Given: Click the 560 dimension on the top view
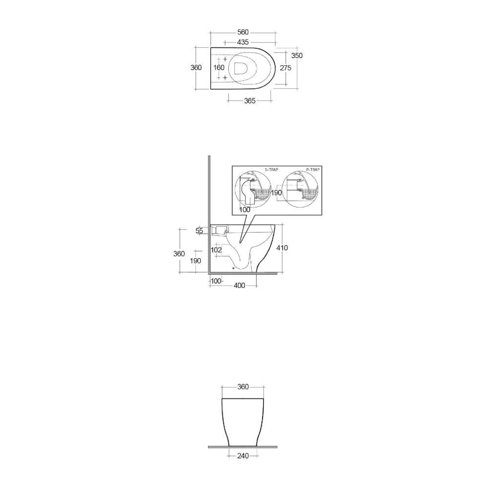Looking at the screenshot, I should tap(243, 33).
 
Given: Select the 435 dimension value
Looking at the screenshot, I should tap(243, 42).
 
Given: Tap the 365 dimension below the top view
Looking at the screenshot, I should tap(249, 101).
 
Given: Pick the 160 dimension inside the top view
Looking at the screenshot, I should tap(219, 68).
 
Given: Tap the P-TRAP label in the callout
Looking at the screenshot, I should tap(313, 169).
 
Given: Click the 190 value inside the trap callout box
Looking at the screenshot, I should tap(277, 193).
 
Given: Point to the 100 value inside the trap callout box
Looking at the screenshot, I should tap(244, 209).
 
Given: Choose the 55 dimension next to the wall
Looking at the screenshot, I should tap(199, 231).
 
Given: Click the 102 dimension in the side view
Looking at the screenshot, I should tap(216, 250).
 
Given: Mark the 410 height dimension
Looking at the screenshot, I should tap(282, 248).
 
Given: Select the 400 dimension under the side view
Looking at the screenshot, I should tap(239, 285).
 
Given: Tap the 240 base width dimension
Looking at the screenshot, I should tap(243, 456).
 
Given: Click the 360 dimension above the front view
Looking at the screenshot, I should tap(243, 387).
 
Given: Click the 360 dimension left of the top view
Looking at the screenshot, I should tap(196, 68).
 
